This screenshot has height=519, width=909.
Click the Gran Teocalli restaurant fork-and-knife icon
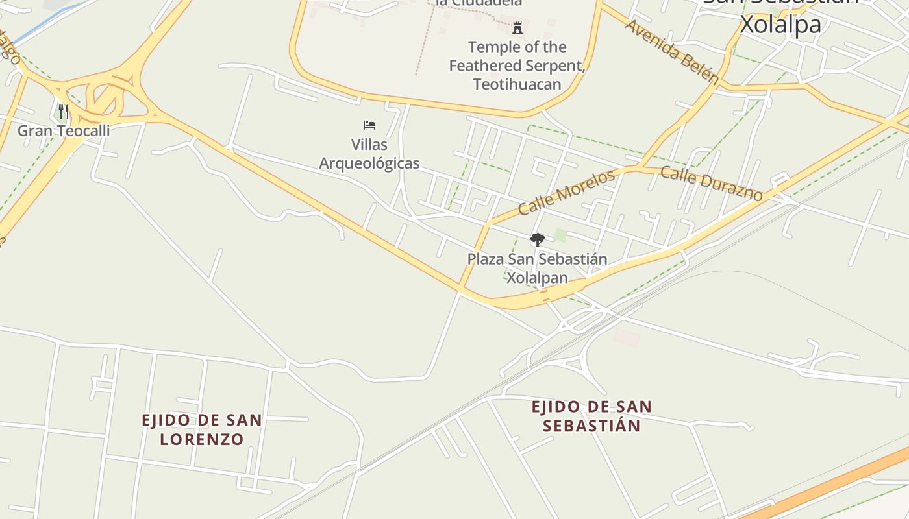click(x=63, y=112)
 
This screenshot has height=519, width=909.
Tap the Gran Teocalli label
click(x=63, y=130)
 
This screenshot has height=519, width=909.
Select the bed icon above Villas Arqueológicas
click(x=369, y=125)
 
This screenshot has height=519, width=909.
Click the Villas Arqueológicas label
click(x=369, y=154)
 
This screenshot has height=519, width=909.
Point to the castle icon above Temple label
click(x=517, y=28)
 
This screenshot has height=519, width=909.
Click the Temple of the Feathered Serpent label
click(x=517, y=66)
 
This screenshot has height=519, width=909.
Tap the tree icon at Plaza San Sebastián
click(x=537, y=240)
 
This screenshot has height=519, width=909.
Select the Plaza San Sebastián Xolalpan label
click(x=537, y=269)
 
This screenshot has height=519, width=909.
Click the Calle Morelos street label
click(x=566, y=192)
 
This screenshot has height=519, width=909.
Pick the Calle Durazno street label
click(x=711, y=183)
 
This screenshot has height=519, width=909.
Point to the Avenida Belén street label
click(x=672, y=52)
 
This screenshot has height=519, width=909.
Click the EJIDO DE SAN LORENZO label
click(x=202, y=429)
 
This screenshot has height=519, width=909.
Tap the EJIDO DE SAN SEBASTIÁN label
click(x=591, y=416)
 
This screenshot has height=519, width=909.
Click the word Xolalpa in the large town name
click(x=781, y=25)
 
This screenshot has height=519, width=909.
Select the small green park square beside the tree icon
click(x=560, y=235)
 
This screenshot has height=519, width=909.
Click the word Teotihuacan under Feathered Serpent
click(x=517, y=84)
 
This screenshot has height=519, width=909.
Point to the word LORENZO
click(x=202, y=439)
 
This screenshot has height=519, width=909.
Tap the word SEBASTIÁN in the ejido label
click(x=591, y=426)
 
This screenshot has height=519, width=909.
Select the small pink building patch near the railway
click(x=627, y=337)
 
